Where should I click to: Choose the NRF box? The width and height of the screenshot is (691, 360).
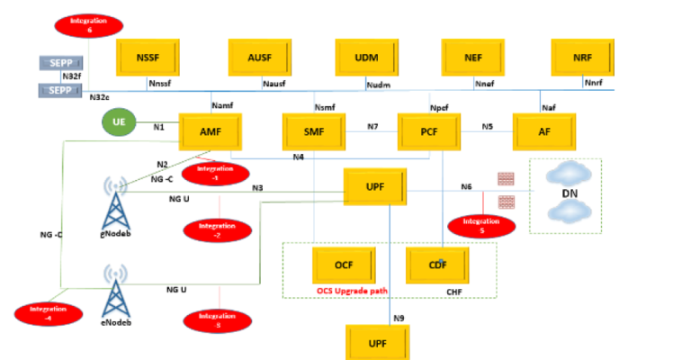coord(582,58)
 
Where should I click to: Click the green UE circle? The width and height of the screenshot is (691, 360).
coord(119,123)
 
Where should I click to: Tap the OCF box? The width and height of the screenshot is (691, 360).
coord(343,265)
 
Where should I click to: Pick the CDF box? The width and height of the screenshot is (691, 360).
coord(437,265)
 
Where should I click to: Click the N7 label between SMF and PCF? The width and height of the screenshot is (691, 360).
coord(372,127)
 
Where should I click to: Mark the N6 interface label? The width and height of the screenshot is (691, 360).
coord(466,186)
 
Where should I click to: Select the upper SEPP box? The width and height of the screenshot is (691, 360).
coord(59,63)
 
